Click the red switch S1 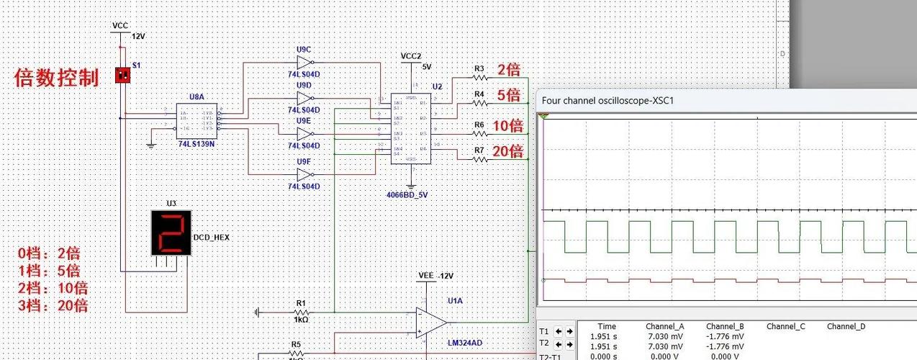(122, 75)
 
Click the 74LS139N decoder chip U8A (196, 120)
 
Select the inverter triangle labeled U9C (305, 63)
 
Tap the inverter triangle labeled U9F (305, 175)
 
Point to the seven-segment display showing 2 (171, 233)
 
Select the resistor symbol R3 (480, 77)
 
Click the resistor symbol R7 (480, 159)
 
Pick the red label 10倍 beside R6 (507, 126)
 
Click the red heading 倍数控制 (56, 78)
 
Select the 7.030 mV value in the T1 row (665, 336)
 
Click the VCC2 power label (410, 56)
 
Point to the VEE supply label (427, 276)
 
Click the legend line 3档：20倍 (53, 305)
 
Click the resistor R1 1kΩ (301, 311)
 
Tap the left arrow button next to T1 (559, 331)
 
